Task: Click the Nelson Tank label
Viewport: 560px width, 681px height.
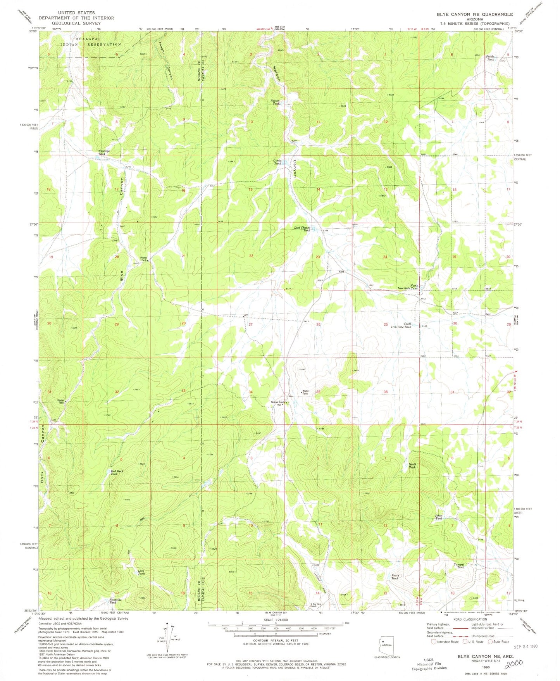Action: point(276,102)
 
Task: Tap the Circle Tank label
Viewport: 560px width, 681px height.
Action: point(277,162)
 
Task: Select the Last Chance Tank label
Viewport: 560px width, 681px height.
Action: point(303,229)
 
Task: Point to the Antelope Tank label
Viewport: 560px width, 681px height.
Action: point(101,152)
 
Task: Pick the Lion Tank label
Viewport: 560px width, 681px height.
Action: point(141,572)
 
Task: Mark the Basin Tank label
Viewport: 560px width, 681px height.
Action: point(395,577)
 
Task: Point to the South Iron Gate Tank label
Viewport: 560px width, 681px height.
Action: point(402,326)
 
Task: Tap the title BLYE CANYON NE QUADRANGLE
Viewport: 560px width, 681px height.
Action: point(474,14)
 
